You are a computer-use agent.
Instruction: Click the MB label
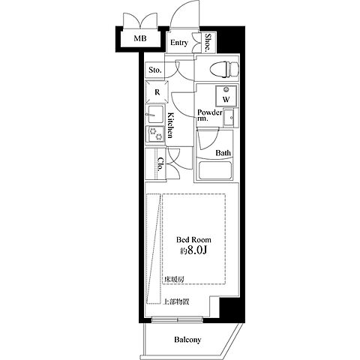140,38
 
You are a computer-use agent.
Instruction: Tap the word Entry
179,43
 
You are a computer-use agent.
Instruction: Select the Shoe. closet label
208,43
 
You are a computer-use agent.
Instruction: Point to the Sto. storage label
155,70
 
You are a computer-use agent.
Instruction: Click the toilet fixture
224,69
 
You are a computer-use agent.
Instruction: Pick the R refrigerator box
157,92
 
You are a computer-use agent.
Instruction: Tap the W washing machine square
226,96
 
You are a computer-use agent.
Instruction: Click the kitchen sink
155,115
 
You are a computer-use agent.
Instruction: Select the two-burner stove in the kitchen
155,133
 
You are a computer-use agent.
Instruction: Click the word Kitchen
170,125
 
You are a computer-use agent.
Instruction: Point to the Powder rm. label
209,115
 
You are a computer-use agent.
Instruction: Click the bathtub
214,170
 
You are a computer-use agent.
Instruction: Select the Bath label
223,152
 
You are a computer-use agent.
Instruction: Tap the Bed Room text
193,240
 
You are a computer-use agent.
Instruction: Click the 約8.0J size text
193,250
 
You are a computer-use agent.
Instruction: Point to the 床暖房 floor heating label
174,280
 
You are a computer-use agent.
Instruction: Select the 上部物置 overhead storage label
176,301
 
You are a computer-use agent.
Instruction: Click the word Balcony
187,340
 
